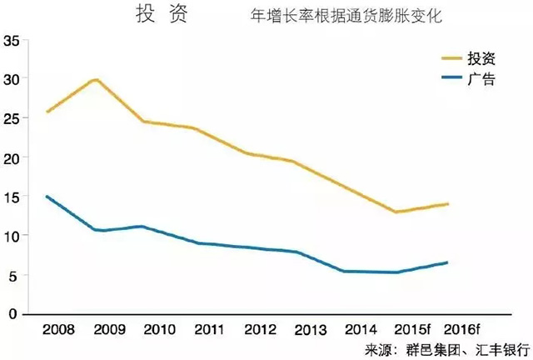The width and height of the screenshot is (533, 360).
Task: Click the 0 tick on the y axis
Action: coord(14,315)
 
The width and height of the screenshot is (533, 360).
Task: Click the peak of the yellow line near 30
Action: coord(96,79)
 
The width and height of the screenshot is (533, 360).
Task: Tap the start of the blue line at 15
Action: coord(47,197)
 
